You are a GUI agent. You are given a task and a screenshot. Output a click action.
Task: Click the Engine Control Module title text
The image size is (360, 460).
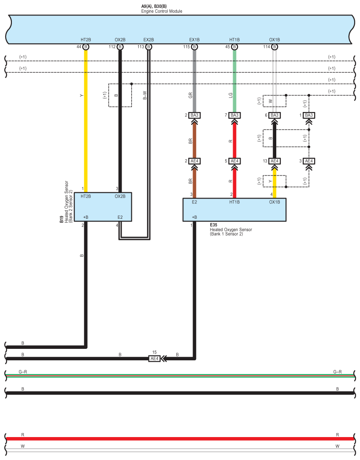[161, 11]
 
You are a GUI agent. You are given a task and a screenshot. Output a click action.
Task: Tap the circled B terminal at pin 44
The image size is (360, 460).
[85, 47]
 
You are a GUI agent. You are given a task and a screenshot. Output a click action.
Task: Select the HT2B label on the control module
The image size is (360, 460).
[85, 40]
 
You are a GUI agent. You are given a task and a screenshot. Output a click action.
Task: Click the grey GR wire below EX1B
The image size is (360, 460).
[194, 79]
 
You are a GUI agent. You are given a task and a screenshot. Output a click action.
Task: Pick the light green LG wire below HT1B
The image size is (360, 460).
[234, 79]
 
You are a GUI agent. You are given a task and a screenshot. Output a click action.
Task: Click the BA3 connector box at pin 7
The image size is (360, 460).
[234, 116]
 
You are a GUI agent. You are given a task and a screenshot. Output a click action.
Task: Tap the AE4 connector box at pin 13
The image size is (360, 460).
[275, 161]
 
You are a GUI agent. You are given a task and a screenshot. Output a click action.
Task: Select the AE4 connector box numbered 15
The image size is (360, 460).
[154, 359]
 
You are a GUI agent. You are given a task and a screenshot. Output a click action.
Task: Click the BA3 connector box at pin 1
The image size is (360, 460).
[309, 116]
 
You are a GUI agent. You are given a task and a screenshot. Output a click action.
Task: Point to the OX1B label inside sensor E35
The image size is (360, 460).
[274, 202]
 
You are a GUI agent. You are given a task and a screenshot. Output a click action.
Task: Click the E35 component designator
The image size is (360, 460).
[213, 225]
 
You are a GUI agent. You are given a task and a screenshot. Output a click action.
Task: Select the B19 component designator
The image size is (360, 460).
[62, 220]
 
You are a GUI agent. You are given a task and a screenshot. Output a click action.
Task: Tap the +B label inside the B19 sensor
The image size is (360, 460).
[85, 217]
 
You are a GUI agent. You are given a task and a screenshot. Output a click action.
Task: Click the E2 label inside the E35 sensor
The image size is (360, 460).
[194, 202]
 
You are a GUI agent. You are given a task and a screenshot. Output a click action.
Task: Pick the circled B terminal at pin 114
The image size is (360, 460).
[275, 47]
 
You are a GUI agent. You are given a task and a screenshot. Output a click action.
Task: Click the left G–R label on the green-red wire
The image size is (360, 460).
[23, 372]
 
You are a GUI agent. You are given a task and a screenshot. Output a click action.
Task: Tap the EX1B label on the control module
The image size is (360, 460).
[194, 40]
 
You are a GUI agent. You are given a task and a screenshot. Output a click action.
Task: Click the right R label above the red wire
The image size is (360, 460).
[338, 435]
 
